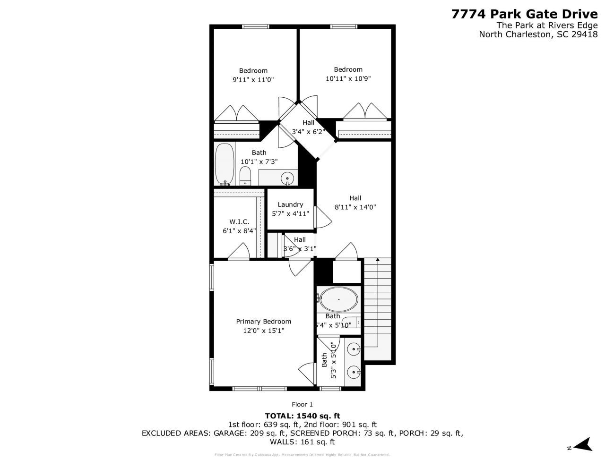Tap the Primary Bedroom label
coord(263,322)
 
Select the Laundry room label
coord(290,204)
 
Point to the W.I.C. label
coord(239,222)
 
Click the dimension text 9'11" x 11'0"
coord(253,80)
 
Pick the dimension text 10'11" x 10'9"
coord(348,78)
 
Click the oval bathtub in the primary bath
coord(338,299)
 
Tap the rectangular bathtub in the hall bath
coord(225,164)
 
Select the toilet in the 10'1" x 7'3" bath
coord(245,178)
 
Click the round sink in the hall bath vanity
coord(287,178)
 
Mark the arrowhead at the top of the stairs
coord(378,259)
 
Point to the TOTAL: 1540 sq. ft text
coord(302,416)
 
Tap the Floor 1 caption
coord(302,404)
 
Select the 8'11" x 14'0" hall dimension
coord(355,207)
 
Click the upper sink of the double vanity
coord(354,349)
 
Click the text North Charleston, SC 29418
coord(538,34)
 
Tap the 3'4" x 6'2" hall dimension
coord(308,132)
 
